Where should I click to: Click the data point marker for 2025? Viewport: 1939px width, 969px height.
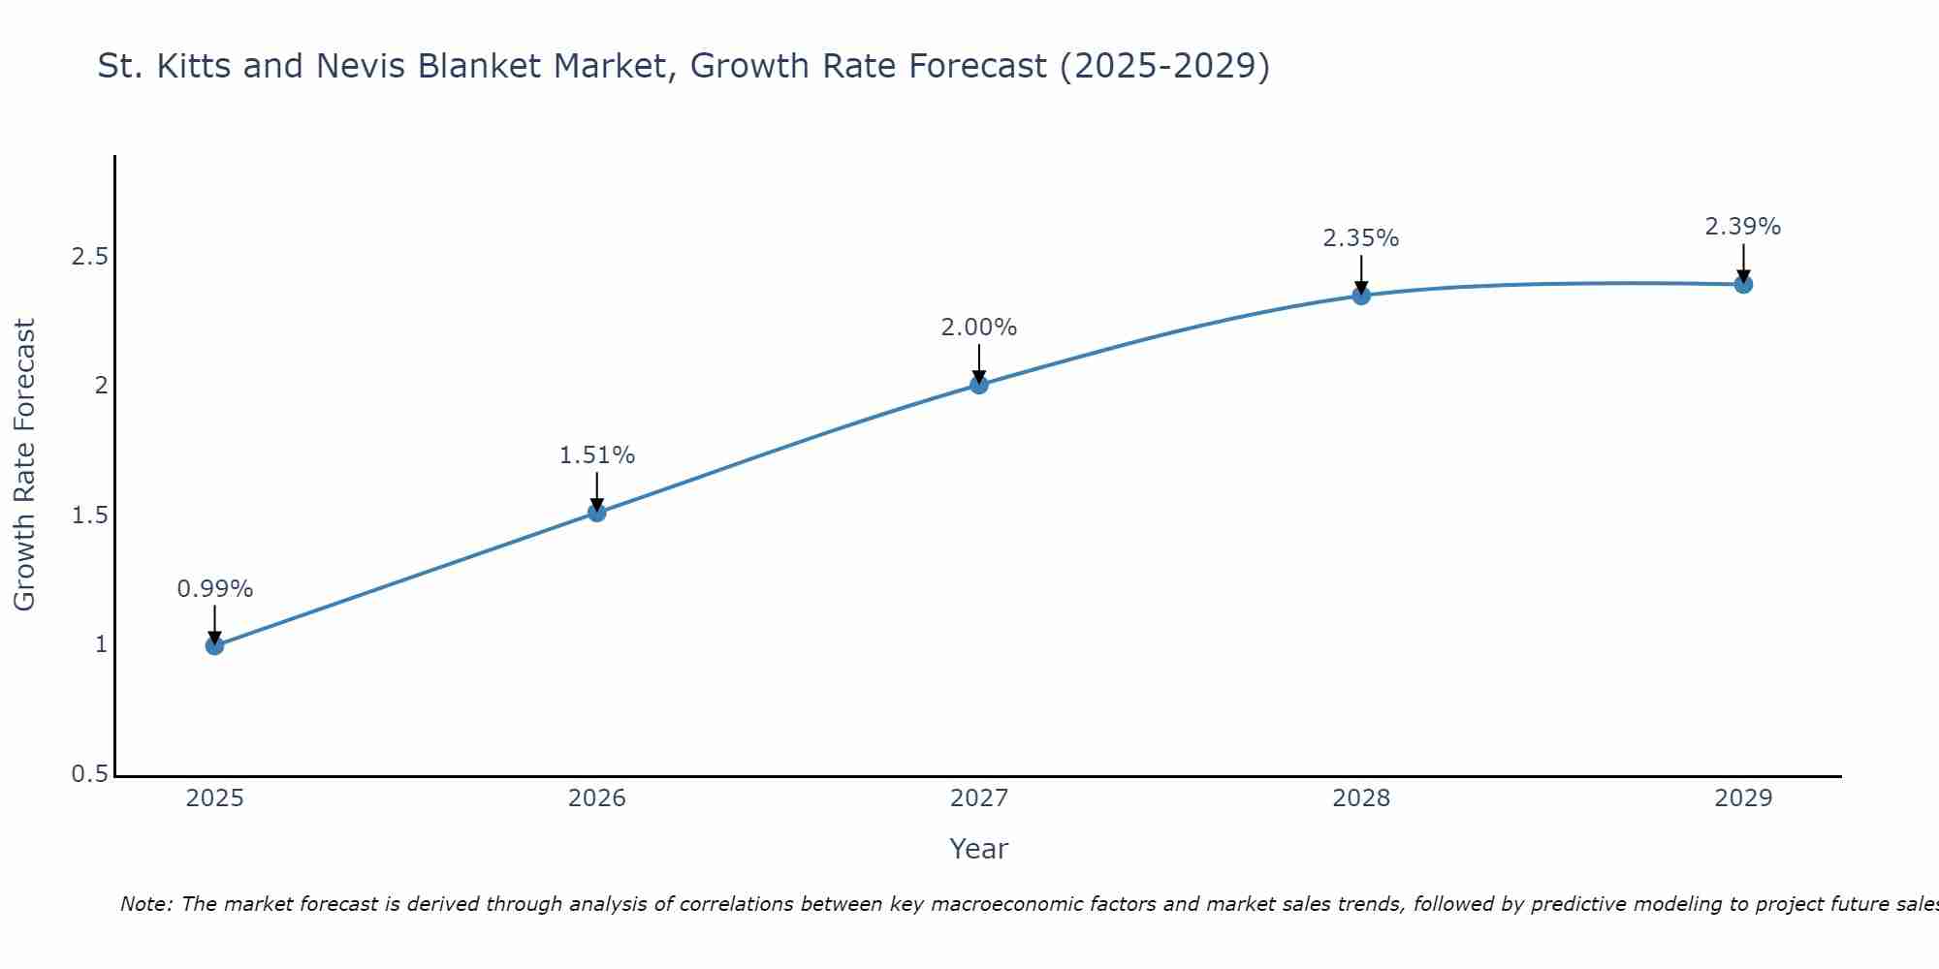click(x=215, y=645)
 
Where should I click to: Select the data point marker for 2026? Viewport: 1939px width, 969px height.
click(x=597, y=512)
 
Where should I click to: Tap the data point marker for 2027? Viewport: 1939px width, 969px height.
click(x=979, y=385)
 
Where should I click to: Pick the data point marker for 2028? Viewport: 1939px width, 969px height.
click(x=1361, y=296)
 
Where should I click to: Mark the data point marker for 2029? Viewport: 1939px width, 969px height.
click(x=1743, y=284)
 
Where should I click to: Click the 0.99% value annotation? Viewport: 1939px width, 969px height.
click(x=215, y=589)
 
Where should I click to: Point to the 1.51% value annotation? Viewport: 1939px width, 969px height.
click(x=597, y=455)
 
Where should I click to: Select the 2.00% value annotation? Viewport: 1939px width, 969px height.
click(x=979, y=328)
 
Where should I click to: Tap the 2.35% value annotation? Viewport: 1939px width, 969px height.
click(x=1361, y=238)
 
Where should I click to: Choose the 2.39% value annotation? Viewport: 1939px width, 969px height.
click(x=1743, y=227)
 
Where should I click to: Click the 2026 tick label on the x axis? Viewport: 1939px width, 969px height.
click(x=597, y=798)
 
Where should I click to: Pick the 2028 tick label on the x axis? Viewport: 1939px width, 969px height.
click(x=1361, y=798)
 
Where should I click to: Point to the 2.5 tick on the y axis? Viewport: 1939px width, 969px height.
click(x=89, y=257)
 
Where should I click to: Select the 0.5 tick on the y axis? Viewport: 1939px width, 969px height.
click(x=89, y=775)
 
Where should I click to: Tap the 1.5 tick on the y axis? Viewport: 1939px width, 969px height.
click(x=89, y=516)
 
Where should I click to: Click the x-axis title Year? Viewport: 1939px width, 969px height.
click(x=979, y=849)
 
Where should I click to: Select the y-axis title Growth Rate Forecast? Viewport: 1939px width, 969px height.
click(x=25, y=465)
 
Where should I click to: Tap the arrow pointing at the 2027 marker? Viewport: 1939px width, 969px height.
click(x=979, y=363)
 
